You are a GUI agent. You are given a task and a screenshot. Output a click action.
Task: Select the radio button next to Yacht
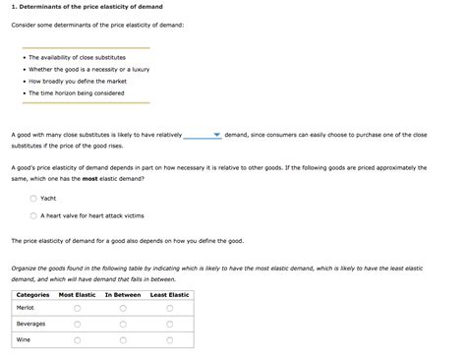coord(33,197)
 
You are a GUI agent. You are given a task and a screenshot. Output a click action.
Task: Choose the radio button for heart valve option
coord(33,214)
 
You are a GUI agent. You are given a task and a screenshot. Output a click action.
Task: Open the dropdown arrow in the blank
coord(217,135)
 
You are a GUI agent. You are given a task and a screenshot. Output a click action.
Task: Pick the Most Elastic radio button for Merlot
coord(78,309)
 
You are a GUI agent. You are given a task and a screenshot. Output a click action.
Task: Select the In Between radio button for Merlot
coord(123,309)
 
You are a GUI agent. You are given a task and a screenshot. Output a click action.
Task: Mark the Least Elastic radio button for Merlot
coord(169,309)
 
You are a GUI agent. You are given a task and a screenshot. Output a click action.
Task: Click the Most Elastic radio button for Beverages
coord(78,325)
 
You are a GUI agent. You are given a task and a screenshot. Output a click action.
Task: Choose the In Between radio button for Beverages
coord(123,325)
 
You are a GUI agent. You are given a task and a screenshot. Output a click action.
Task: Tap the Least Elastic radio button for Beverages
coord(169,325)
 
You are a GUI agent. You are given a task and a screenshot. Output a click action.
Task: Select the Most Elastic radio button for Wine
coord(78,340)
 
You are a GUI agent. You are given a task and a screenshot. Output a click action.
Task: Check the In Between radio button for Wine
coord(123,340)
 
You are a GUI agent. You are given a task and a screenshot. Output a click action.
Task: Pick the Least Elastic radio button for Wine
coord(169,340)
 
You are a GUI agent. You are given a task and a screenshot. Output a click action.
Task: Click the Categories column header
coord(32,294)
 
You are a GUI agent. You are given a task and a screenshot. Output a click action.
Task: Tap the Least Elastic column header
coord(169,294)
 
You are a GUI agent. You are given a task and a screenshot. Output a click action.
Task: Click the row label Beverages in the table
coord(30,324)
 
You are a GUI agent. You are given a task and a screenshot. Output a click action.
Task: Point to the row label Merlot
coord(26,308)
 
